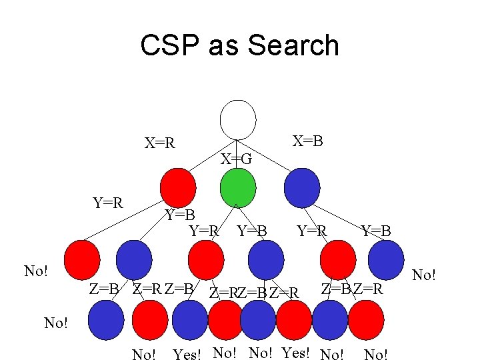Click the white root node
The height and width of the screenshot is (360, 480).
[x=238, y=120]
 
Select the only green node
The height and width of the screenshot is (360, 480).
[x=237, y=187]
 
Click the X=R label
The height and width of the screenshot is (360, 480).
[x=160, y=143]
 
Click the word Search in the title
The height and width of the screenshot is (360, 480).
[x=293, y=46]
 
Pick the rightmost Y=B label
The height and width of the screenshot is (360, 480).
[x=376, y=231]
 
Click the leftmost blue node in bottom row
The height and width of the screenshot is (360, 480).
[x=106, y=319]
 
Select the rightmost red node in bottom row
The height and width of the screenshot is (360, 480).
[x=365, y=319]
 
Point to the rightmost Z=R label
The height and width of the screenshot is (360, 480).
[x=368, y=289]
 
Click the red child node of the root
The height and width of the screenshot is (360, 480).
[x=178, y=187]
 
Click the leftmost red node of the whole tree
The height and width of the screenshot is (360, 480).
[x=81, y=259]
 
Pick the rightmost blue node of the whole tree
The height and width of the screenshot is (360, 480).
[x=386, y=259]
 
